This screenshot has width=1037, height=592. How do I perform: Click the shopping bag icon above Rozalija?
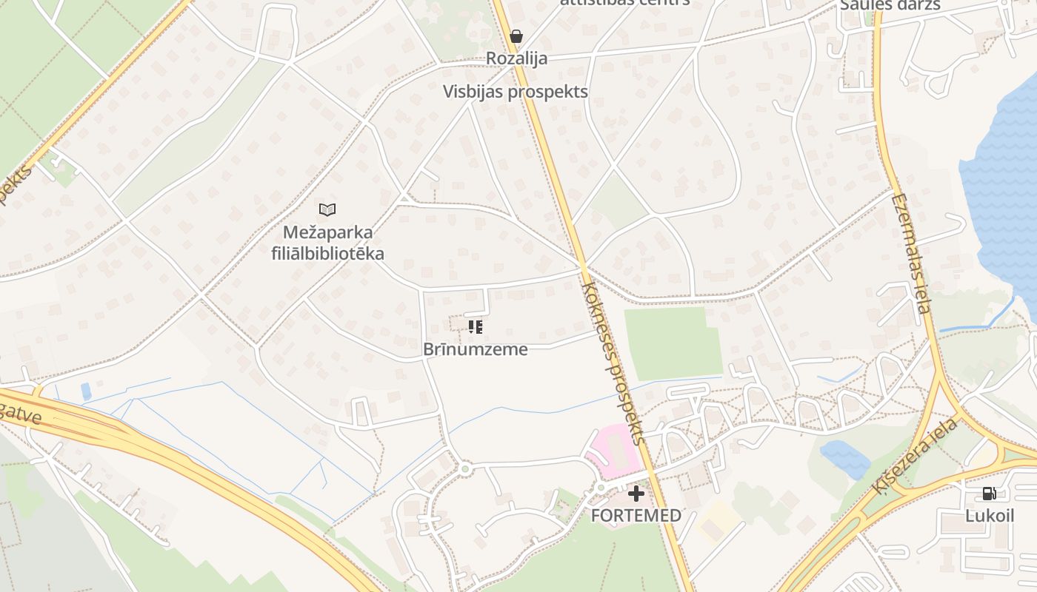(516, 36)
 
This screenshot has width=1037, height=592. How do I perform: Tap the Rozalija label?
(516, 58)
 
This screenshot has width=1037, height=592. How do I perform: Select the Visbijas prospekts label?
(516, 92)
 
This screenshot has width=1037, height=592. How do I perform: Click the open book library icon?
(327, 209)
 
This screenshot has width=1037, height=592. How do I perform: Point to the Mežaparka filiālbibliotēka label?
(327, 243)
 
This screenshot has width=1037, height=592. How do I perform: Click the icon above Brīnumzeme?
(476, 326)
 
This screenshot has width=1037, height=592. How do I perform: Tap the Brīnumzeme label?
(476, 349)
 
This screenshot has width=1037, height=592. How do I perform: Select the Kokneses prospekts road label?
(614, 363)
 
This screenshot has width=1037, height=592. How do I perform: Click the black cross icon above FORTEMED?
(636, 494)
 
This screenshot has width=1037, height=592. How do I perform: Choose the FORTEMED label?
(636, 516)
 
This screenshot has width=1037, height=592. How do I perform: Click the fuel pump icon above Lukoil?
(989, 494)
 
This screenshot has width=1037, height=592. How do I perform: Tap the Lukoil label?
(989, 516)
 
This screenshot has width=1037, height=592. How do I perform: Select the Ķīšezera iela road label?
(915, 457)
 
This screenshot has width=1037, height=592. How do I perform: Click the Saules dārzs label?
(890, 5)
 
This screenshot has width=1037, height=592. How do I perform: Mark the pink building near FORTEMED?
(613, 451)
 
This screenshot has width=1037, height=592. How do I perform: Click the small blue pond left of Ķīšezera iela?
(844, 458)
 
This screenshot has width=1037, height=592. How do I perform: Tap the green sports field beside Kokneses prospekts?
(672, 343)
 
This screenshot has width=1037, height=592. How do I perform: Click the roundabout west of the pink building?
(464, 468)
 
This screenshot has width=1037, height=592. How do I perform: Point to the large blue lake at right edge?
(1004, 185)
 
